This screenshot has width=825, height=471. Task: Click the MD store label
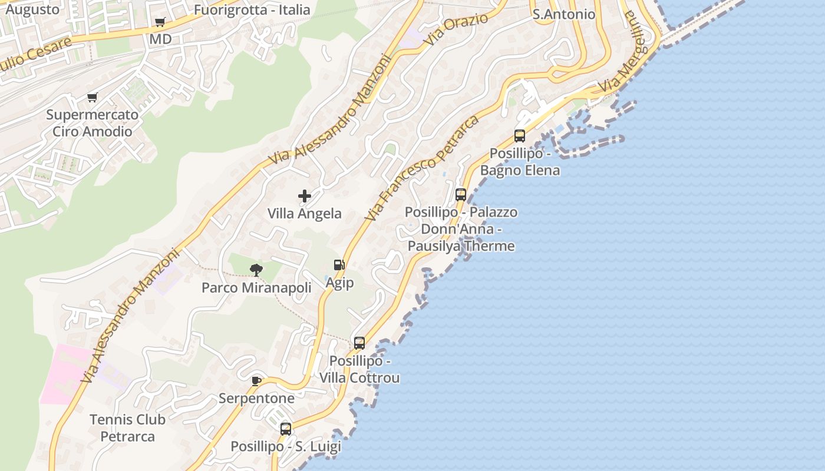(x=160, y=39)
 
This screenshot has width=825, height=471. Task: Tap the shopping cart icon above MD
(x=160, y=23)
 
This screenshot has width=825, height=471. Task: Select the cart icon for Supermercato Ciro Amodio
(x=92, y=97)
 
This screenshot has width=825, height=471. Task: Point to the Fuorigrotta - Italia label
(x=252, y=9)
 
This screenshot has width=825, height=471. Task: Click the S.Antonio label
(x=564, y=14)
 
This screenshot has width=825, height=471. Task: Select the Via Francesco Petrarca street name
(x=421, y=168)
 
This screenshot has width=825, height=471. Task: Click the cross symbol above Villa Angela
(x=305, y=196)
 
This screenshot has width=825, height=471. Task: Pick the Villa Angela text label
(x=305, y=213)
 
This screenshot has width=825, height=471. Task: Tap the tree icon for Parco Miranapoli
(x=256, y=270)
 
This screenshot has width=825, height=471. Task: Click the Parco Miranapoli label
(x=256, y=288)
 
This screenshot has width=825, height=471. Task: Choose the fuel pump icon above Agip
(x=339, y=266)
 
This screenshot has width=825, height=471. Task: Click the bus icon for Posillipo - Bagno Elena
(x=520, y=136)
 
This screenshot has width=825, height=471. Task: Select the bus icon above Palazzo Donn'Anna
(x=461, y=194)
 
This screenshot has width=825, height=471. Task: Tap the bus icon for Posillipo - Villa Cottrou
(x=359, y=343)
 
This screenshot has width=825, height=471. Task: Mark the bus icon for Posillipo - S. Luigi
(x=286, y=429)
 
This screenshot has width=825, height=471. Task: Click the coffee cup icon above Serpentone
(x=256, y=381)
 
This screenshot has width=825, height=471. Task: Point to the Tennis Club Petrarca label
(x=127, y=428)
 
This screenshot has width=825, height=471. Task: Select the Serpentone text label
(x=256, y=399)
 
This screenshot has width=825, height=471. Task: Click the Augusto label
(x=32, y=9)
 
